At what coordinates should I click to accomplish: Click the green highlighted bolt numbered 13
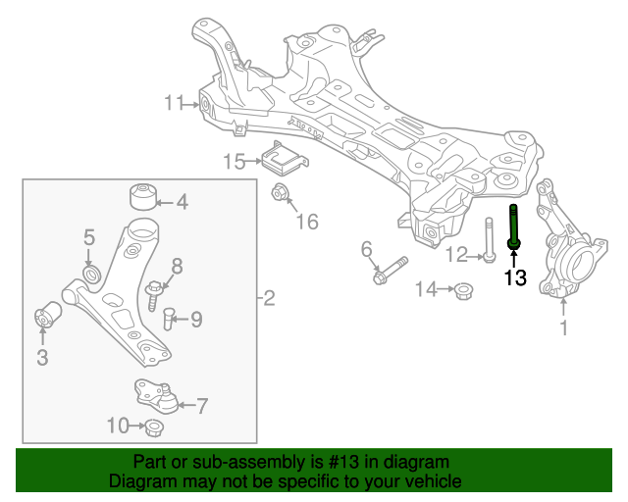(513, 227)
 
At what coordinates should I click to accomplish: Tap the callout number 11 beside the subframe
(175, 103)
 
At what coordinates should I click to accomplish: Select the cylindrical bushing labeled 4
(145, 196)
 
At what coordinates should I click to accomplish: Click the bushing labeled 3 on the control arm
(46, 319)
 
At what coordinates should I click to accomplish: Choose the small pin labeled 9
(168, 319)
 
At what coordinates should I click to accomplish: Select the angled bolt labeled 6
(391, 271)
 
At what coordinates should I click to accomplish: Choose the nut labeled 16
(279, 191)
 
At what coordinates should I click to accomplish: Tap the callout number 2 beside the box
(270, 298)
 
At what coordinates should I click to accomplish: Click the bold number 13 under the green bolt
(514, 277)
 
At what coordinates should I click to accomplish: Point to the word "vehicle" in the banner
(434, 481)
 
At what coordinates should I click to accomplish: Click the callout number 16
(307, 222)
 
